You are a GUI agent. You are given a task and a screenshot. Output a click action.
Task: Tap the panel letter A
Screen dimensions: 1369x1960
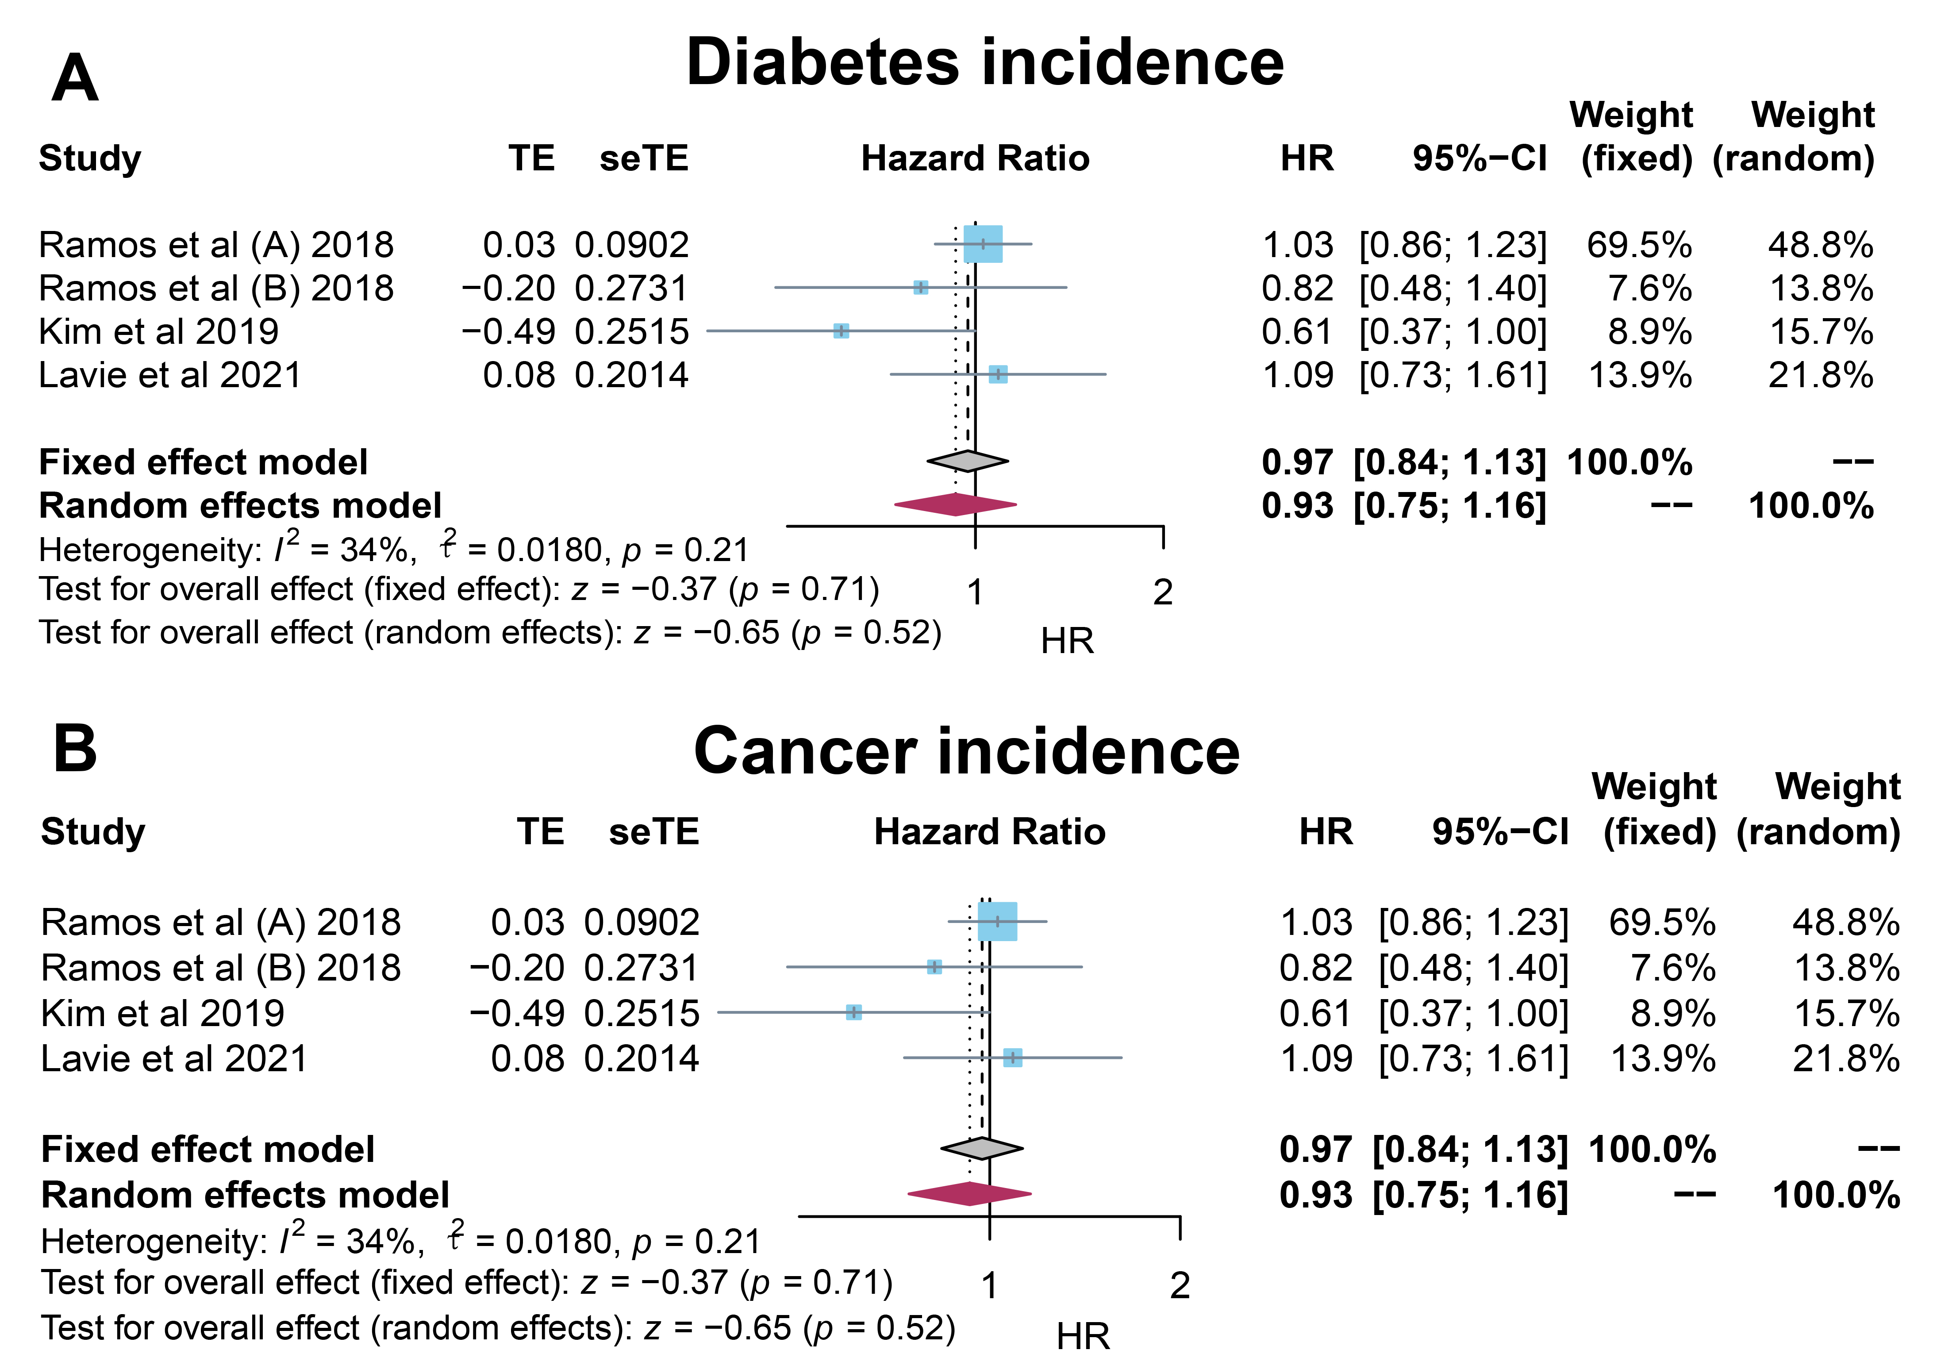(75, 78)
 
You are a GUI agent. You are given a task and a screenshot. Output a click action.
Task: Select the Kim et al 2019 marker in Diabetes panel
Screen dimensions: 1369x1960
(841, 330)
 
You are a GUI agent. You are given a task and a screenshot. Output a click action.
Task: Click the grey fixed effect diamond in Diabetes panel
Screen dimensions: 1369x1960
(967, 461)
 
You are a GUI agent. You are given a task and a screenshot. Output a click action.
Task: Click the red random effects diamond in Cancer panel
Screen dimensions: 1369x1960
(970, 1193)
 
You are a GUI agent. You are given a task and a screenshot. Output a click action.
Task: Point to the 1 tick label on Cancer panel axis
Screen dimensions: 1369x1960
(989, 1285)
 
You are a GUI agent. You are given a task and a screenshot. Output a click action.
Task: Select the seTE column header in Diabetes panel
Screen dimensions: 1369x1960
(644, 159)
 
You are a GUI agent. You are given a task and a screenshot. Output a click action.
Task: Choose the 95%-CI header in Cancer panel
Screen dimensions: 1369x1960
(1500, 831)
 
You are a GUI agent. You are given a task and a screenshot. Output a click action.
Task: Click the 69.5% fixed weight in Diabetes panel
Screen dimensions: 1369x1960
(1639, 245)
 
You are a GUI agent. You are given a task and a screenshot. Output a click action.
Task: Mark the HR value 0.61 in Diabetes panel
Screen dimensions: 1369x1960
(1297, 331)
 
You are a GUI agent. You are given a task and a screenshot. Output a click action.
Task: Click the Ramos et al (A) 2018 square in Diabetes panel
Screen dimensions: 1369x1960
(983, 244)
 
